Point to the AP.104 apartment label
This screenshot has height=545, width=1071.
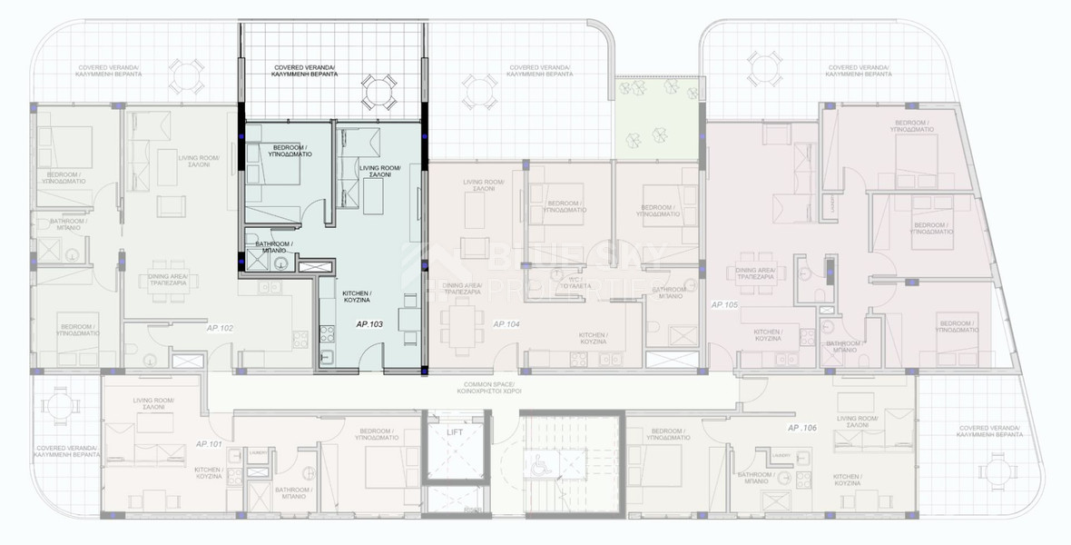click(507, 324)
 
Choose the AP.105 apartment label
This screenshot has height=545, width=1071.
click(725, 304)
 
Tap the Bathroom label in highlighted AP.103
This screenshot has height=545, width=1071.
click(271, 247)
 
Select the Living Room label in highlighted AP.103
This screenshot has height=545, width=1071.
click(380, 172)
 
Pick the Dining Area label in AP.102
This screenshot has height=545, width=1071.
click(167, 280)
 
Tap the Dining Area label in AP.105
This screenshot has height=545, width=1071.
click(755, 274)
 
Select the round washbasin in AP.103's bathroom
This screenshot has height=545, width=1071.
click(282, 264)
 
